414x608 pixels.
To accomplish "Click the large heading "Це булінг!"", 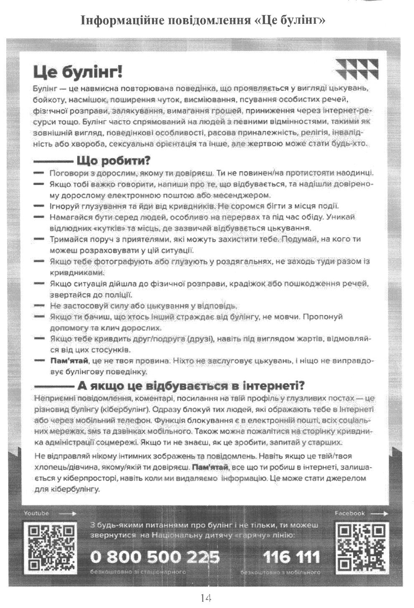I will pos(78,72).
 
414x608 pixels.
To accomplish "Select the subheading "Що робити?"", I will pos(113,161).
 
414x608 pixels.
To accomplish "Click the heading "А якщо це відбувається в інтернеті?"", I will pos(191,385).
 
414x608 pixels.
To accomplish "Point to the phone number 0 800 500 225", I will pos(155,557).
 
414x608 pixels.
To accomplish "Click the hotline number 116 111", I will pos(292,557).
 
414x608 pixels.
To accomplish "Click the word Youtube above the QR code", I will pos(36,513).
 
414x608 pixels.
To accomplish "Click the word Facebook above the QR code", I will pos(350,513).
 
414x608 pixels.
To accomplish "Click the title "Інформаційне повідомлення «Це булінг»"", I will pos(203,20).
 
